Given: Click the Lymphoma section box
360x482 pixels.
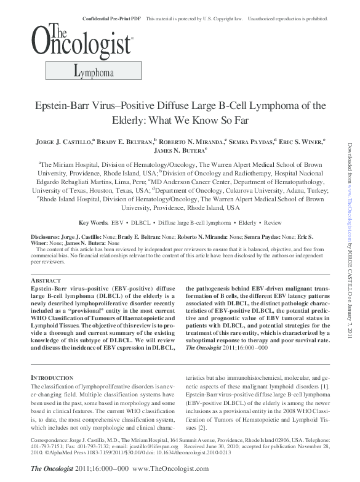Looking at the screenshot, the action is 92,73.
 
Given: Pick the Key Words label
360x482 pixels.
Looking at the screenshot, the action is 94,222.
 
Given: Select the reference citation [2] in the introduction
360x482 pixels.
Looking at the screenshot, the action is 206,427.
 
